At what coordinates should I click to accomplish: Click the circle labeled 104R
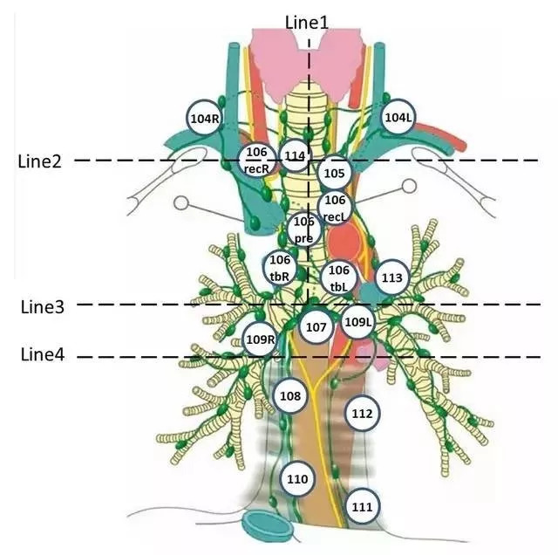tap(205, 117)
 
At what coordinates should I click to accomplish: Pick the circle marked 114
tap(295, 156)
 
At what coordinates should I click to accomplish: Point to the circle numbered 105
tap(334, 173)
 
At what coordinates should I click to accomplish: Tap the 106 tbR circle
tap(280, 266)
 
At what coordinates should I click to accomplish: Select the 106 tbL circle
tap(339, 277)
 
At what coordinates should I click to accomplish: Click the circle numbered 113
tap(391, 278)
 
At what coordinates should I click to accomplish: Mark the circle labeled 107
tap(316, 327)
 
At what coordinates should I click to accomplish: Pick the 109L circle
tap(357, 322)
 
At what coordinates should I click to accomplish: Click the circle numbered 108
tap(290, 397)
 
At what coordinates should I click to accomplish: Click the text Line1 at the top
tap(307, 22)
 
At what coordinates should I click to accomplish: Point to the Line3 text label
tap(43, 307)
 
